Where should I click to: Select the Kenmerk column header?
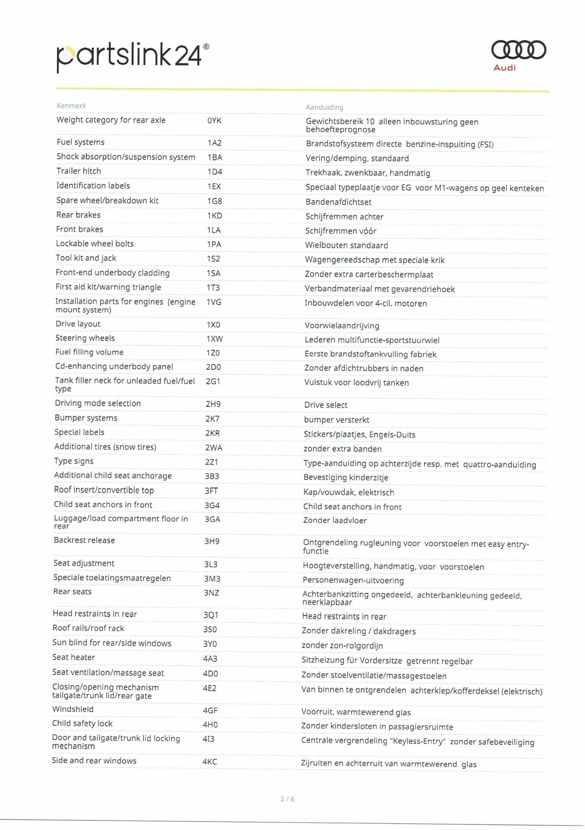pos(71,106)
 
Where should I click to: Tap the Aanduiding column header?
pos(324,107)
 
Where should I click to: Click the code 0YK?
pos(214,121)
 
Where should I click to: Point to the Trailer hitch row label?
pos(79,171)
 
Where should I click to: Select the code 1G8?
pos(214,201)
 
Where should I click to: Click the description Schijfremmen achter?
pos(344,217)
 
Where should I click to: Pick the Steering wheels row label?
pos(85,338)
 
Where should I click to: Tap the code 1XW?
pos(214,339)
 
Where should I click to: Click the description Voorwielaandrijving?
pos(342,326)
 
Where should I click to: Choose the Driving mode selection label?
pos(97,404)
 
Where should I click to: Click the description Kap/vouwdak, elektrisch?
pos(349,492)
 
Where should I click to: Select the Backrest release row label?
pos(84,540)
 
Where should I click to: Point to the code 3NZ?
pos(211,593)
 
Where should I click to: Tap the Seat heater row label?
pos(73,657)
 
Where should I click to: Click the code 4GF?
pos(210,711)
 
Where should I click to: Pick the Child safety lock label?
pos(82,723)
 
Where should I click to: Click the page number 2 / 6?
pos(287,799)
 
